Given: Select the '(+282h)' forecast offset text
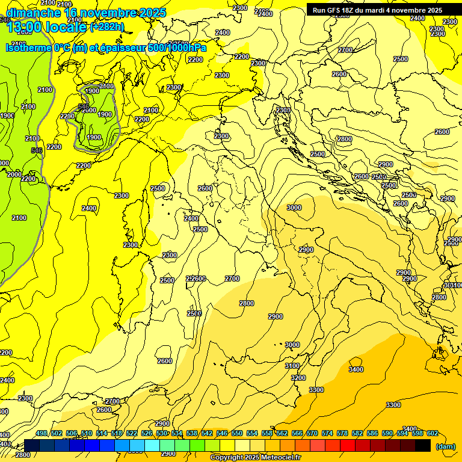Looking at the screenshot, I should (106, 27).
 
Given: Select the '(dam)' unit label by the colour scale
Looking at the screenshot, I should (445, 446).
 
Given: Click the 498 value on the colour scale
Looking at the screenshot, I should (42, 433).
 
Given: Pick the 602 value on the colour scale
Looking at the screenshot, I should (433, 433).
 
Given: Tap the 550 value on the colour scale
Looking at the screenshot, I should (237, 433).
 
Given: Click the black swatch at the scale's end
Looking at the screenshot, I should (423, 445).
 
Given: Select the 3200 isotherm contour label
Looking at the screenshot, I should (298, 378).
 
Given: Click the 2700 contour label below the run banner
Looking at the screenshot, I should (345, 50).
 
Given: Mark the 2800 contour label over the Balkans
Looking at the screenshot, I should (344, 139).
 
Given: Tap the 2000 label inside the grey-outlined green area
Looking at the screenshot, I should (89, 110).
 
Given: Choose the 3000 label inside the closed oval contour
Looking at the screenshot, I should (294, 208).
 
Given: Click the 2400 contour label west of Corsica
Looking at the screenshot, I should (89, 208).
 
